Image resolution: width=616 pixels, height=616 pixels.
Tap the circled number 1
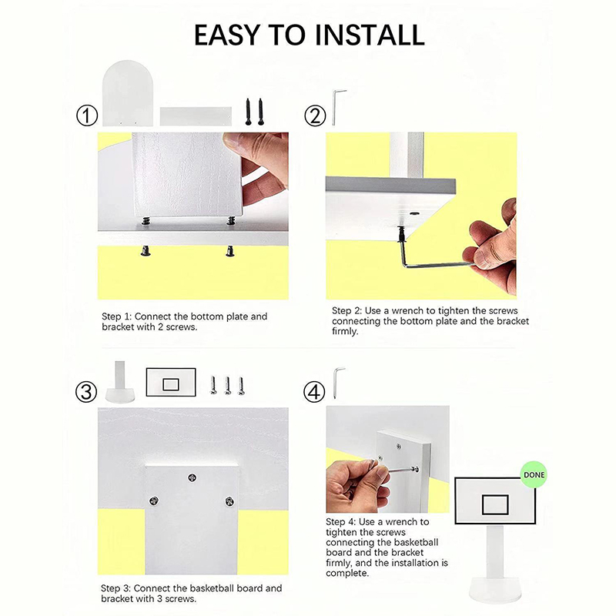86,116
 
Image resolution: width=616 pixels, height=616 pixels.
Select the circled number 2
315,116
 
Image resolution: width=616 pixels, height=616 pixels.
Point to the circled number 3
86,392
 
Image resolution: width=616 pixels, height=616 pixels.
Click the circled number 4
314,392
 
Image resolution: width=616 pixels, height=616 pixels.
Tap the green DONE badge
534,474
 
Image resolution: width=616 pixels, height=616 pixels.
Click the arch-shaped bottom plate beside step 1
127,93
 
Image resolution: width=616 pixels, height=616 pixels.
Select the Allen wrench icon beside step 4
337,382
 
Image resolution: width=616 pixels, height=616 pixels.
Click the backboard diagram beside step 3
171,382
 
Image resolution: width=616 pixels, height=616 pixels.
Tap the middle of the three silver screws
227,386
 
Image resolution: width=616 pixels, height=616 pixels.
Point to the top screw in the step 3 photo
192,477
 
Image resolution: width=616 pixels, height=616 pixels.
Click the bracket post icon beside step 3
120,382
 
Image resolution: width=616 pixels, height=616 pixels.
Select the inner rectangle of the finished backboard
495,504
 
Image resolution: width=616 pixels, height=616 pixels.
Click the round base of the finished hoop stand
494,596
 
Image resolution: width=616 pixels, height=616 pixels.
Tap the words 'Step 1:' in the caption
116,316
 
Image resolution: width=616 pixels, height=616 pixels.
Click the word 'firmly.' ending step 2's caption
345,332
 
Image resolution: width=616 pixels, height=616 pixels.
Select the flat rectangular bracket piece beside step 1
196,116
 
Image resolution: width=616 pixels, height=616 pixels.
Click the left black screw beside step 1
248,112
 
